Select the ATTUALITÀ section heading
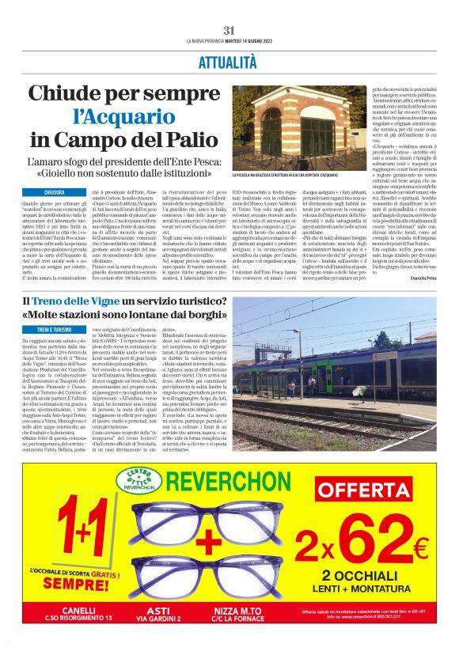click(x=229, y=62)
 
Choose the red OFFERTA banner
click(x=362, y=490)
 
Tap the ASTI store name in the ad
click(x=159, y=610)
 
